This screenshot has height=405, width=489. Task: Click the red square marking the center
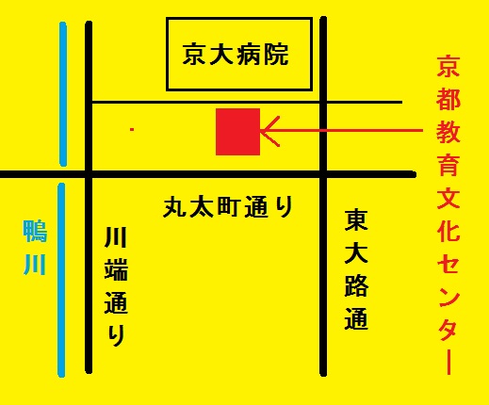[x=237, y=132]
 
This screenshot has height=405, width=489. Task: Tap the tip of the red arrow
[x=261, y=130]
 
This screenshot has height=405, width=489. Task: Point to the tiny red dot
[x=132, y=129]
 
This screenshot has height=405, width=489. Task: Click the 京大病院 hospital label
[x=236, y=55]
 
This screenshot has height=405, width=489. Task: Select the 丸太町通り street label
[x=228, y=206]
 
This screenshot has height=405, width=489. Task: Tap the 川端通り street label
[x=116, y=286]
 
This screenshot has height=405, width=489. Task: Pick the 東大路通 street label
[x=356, y=269]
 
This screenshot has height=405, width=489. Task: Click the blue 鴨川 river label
[x=35, y=248]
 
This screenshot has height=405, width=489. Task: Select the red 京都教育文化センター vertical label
[x=448, y=215]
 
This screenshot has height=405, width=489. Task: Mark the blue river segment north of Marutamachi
[x=63, y=94]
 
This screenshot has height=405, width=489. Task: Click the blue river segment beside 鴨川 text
[x=61, y=280]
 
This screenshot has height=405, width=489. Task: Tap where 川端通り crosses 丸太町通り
[x=90, y=174]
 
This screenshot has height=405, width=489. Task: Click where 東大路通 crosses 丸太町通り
[x=323, y=174]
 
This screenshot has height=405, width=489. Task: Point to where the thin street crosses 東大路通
[x=323, y=102]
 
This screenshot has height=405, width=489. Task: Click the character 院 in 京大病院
[x=276, y=55]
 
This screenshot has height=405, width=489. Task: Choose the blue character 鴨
[x=35, y=232]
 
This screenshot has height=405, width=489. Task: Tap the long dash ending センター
[x=449, y=362]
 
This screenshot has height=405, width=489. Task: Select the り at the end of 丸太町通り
[x=283, y=206]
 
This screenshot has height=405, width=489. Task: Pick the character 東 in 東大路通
[x=356, y=220]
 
